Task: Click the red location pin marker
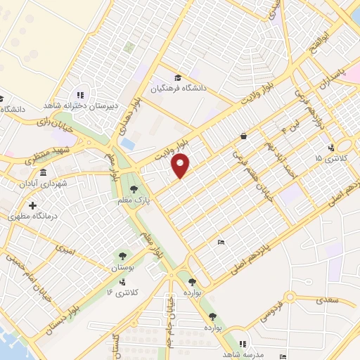pyautogui.click(x=181, y=166)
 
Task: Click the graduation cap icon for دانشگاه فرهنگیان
pyautogui.click(x=179, y=77)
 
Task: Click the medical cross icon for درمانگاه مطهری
pyautogui.click(x=32, y=205)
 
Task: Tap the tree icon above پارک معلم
pyautogui.click(x=133, y=188)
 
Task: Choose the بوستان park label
pyautogui.click(x=122, y=269)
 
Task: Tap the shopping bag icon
pyautogui.click(x=243, y=136)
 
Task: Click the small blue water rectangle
pyautogui.click(x=128, y=143)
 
